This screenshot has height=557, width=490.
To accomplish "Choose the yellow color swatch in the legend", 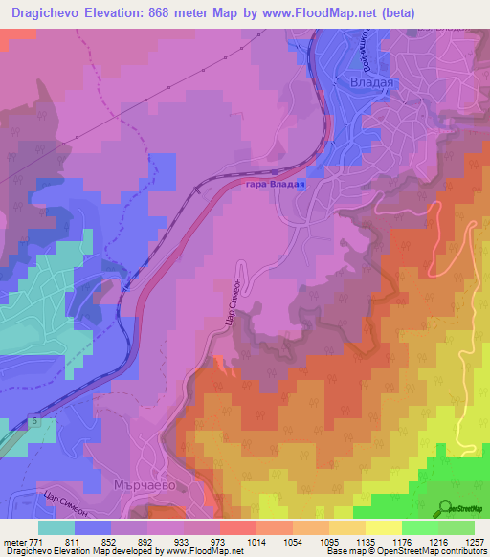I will [x=382, y=526].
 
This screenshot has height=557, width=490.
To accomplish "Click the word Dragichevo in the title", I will [x=45, y=12].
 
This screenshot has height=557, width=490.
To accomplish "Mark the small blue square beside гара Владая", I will [x=302, y=187].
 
